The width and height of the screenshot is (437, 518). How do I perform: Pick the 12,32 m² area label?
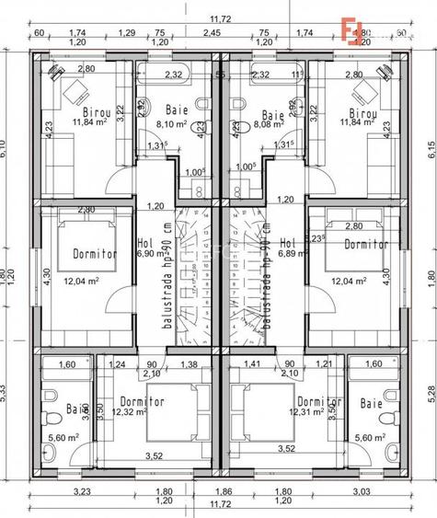(129, 412)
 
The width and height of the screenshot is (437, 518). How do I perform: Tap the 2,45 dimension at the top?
(213, 32)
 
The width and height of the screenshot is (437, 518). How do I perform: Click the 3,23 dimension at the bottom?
(80, 493)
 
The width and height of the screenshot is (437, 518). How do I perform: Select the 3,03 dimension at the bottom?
(360, 493)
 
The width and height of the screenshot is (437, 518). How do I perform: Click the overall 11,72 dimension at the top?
(218, 17)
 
